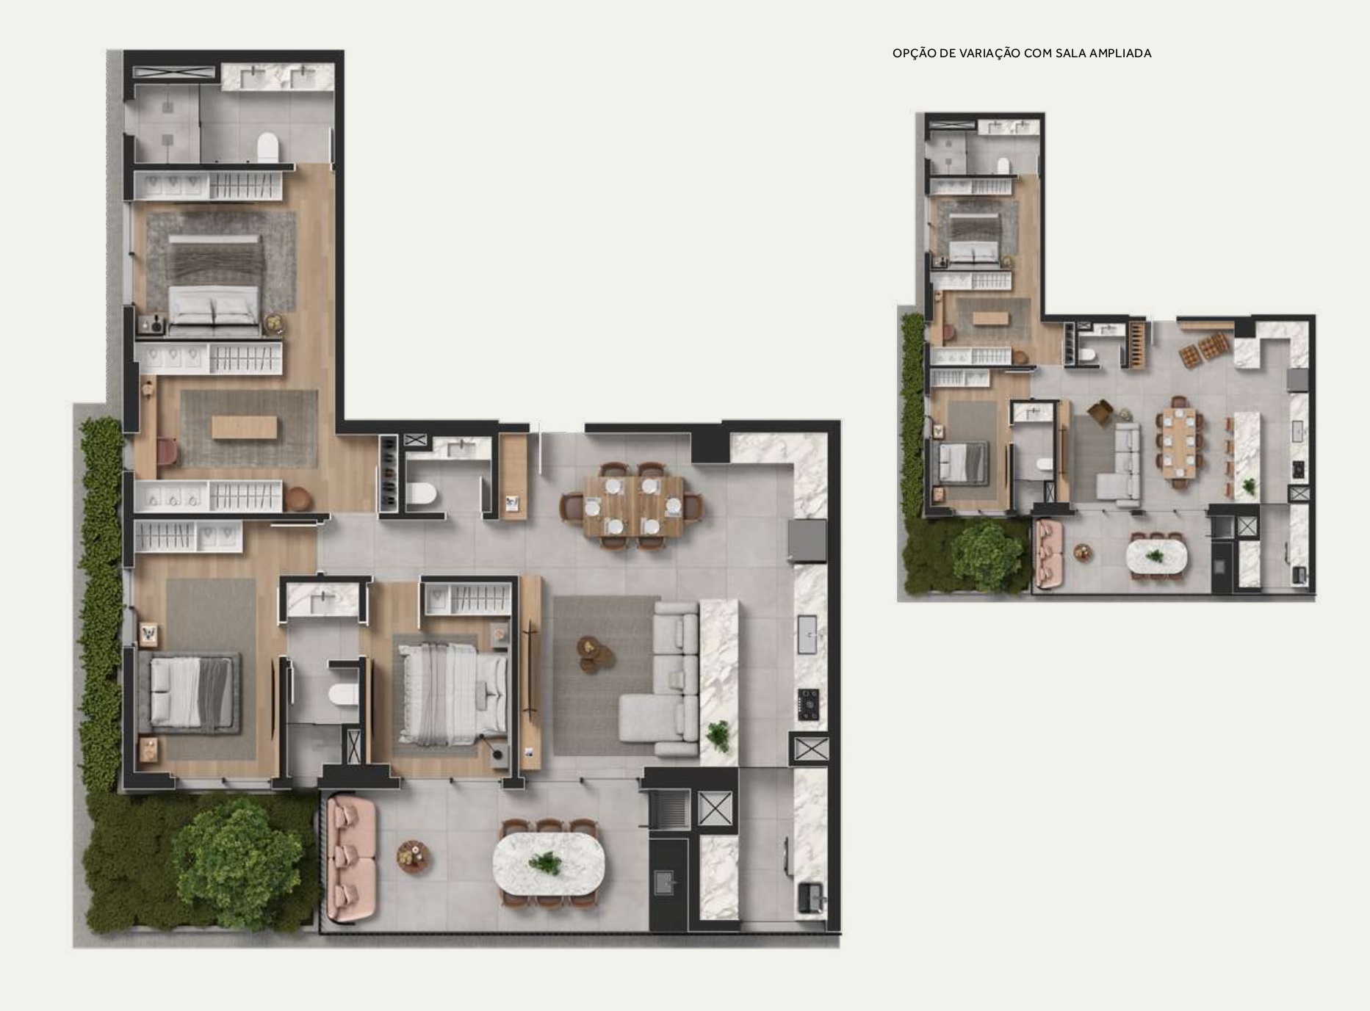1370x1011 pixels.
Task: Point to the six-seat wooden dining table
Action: click(635, 507)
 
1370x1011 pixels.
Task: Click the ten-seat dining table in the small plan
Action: click(1180, 442)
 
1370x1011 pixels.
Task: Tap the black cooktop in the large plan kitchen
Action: click(809, 703)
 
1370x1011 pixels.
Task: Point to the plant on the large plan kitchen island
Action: click(718, 733)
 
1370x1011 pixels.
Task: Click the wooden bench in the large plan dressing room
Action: click(245, 427)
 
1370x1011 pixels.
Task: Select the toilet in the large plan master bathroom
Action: click(267, 148)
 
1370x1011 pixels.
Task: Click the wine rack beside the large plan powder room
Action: click(389, 473)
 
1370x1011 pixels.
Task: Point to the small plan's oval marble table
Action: click(1156, 555)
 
